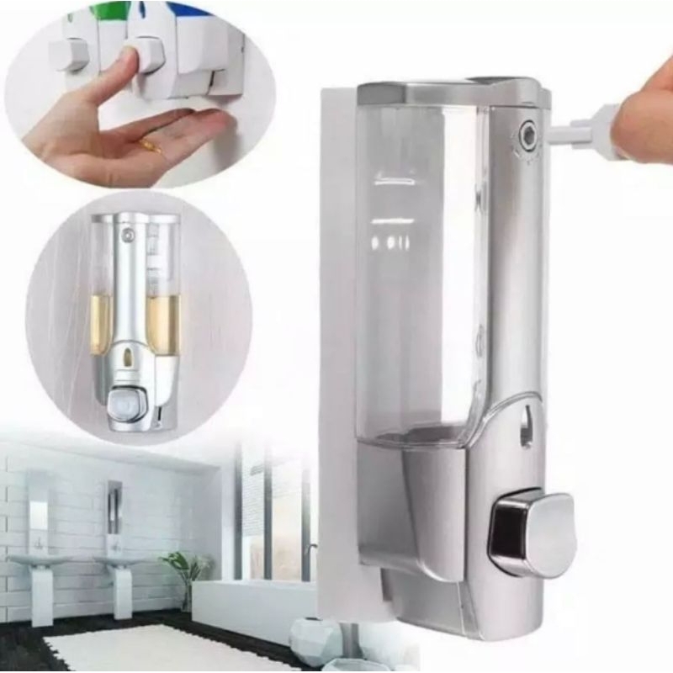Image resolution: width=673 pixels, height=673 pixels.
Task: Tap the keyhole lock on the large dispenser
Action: (x=528, y=132)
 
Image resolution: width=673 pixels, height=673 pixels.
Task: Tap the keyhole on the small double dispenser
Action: (x=127, y=236)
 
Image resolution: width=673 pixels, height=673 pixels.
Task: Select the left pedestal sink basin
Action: (x=34, y=559)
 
